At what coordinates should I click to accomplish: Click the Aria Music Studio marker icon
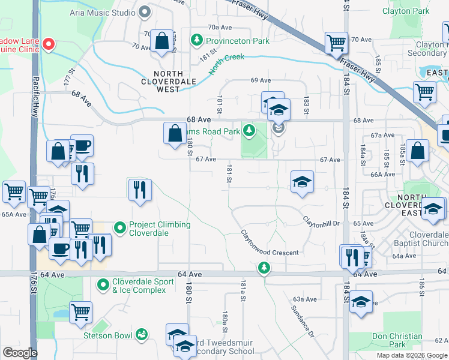[144, 11]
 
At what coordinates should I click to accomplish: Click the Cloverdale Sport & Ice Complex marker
[103, 284]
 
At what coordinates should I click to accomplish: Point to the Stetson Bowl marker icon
[142, 334]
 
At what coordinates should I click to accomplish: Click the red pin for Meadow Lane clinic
[50, 44]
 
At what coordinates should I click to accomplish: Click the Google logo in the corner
[20, 353]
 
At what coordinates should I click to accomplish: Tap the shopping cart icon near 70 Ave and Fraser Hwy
[336, 43]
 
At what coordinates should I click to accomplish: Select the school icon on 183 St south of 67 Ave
[302, 182]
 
